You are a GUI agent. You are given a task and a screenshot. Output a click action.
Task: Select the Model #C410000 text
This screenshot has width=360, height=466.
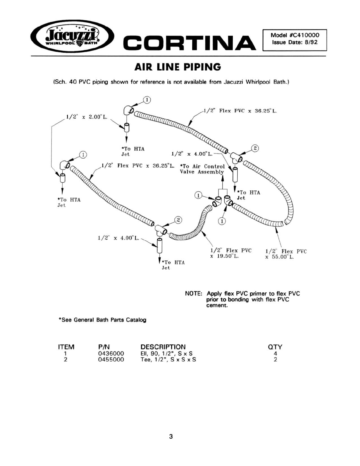click(x=295, y=35)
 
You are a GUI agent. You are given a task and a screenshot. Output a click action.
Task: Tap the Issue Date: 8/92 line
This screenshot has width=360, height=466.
click(x=295, y=42)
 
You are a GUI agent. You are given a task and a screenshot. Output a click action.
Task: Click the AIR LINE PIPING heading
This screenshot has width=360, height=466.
click(x=178, y=67)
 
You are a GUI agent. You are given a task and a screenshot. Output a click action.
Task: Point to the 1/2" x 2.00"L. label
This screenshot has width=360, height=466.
click(x=86, y=117)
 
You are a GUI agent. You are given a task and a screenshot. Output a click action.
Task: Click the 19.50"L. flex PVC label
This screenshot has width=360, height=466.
click(x=231, y=253)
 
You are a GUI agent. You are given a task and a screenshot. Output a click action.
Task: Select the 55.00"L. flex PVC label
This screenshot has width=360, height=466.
click(x=286, y=254)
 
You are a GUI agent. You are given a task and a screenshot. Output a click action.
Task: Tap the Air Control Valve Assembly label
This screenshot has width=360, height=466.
click(x=202, y=169)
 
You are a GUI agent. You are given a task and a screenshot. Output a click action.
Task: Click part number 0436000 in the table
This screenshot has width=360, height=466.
click(x=111, y=353)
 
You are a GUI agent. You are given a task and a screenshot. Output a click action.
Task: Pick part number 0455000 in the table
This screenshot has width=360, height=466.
click(x=111, y=360)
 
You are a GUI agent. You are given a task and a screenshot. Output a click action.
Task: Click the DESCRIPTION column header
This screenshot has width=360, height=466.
click(x=163, y=347)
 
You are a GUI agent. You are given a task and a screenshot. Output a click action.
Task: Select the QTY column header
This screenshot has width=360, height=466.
click(x=275, y=347)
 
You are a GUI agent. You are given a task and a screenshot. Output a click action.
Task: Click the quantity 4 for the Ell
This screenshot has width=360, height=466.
click(x=275, y=353)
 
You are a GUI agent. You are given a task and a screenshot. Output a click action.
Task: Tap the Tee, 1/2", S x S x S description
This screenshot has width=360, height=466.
click(x=168, y=360)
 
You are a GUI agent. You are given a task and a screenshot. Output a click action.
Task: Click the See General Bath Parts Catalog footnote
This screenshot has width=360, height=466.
click(x=102, y=320)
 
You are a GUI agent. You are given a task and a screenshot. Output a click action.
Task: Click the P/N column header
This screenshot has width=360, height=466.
click(x=104, y=347)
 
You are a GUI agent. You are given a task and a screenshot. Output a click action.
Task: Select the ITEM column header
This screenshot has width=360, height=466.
click(x=66, y=347)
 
